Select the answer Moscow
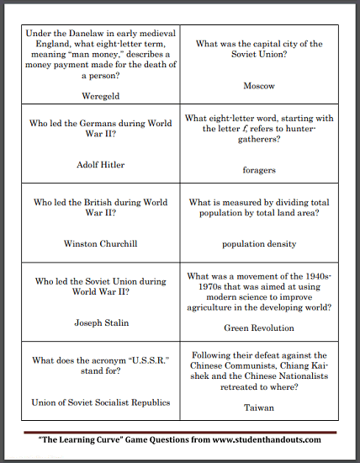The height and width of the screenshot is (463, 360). click(258, 86)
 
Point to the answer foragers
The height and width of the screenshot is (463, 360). click(258, 170)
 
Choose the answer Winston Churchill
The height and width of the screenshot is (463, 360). click(101, 244)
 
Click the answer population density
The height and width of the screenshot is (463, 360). click(259, 244)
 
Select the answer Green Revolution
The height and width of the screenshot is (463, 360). click(259, 327)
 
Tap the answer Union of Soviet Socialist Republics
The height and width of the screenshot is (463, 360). click(101, 402)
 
